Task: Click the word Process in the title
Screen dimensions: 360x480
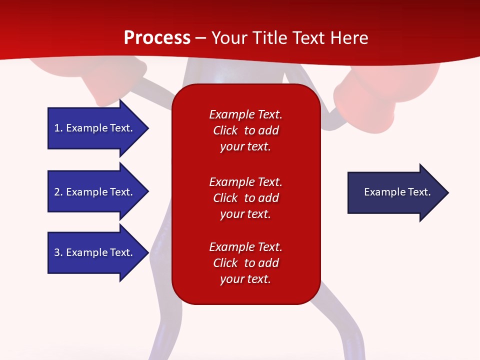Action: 157,38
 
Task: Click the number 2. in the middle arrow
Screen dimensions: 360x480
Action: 58,192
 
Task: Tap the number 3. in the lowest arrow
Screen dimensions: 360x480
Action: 58,252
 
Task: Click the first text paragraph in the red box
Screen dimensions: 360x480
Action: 245,130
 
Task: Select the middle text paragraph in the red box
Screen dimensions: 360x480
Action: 245,198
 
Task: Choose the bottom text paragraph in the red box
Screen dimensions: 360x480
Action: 245,263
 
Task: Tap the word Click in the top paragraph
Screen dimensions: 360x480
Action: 225,130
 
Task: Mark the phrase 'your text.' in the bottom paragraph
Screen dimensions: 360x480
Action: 245,279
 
